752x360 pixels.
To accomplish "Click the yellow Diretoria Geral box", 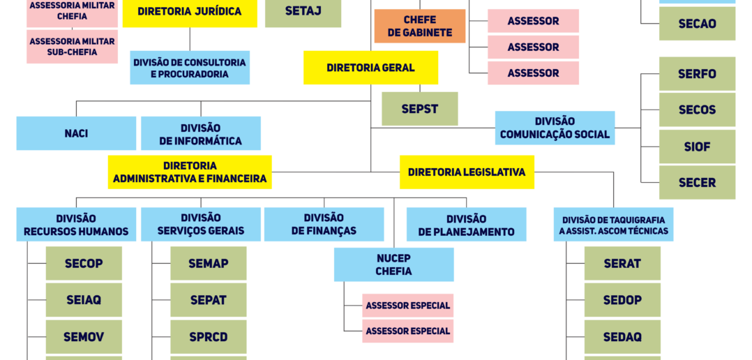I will pyautogui.click(x=370, y=68).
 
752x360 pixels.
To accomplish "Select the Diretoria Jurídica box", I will pyautogui.click(x=190, y=12).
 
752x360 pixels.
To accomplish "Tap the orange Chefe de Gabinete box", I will pyautogui.click(x=420, y=27).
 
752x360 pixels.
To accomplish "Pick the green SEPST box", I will pyautogui.click(x=419, y=109).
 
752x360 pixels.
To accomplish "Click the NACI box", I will pyautogui.click(x=76, y=133).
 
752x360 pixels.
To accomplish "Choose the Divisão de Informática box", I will pyautogui.click(x=201, y=134).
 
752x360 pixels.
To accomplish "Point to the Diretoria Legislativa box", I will pyautogui.click(x=467, y=172).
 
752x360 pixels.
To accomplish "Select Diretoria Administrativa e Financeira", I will pyautogui.click(x=190, y=172).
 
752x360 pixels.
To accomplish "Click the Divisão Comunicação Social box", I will pyautogui.click(x=555, y=128).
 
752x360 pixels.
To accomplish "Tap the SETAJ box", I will pyautogui.click(x=303, y=13).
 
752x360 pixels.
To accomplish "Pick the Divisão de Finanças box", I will pyautogui.click(x=324, y=225).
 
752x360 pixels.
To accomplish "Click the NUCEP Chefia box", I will pyautogui.click(x=393, y=264).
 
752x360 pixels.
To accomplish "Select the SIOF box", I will pyautogui.click(x=697, y=147).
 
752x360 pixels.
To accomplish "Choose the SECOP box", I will pyautogui.click(x=84, y=264).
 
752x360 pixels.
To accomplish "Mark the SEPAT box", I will pyautogui.click(x=209, y=300).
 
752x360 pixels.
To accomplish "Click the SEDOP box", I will pyautogui.click(x=622, y=300).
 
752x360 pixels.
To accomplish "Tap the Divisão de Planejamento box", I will pyautogui.click(x=466, y=225).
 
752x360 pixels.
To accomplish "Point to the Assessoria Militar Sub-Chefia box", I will pyautogui.click(x=72, y=47).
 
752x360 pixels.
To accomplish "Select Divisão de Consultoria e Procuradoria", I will pyautogui.click(x=190, y=68).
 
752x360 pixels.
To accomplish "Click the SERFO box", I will pyautogui.click(x=697, y=74).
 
